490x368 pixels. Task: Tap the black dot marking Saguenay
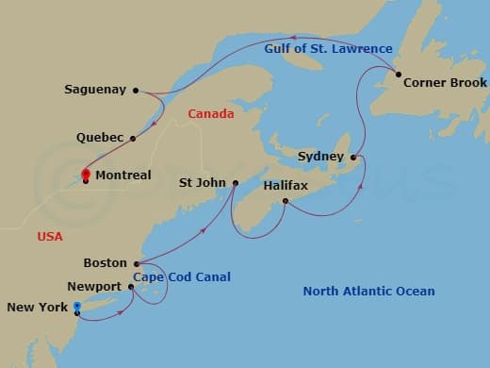(136, 91)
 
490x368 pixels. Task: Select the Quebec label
(100, 138)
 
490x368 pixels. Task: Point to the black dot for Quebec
(133, 138)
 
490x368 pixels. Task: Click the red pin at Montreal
(85, 174)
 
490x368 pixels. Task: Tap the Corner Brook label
(445, 83)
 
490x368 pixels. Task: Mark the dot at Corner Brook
(398, 75)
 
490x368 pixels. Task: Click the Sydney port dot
(352, 157)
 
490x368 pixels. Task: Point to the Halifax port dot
(286, 201)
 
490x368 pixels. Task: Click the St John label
(204, 183)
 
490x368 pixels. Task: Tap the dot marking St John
(235, 183)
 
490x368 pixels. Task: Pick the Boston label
(105, 263)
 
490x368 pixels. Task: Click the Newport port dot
(131, 286)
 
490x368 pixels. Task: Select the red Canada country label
(210, 114)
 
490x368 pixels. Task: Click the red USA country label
(50, 237)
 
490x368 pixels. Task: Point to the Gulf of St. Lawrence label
(315, 49)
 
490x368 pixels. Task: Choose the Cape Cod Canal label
(181, 276)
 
